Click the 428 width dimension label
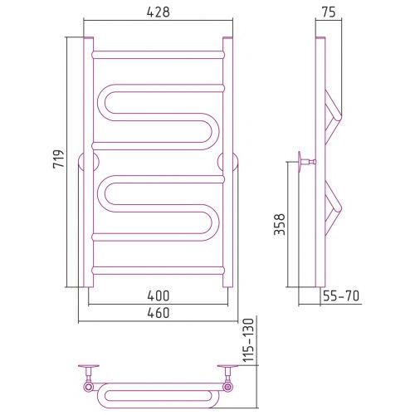pos(158,12)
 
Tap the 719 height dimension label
pos(59,159)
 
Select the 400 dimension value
pos(158,295)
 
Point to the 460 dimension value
pos(158,313)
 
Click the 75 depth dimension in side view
pos(329,12)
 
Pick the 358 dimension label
pos(279,224)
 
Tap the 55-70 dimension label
pos(341,295)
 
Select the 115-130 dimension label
pos(248,340)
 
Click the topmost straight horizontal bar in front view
pos(158,55)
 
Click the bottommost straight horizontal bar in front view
pos(158,271)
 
